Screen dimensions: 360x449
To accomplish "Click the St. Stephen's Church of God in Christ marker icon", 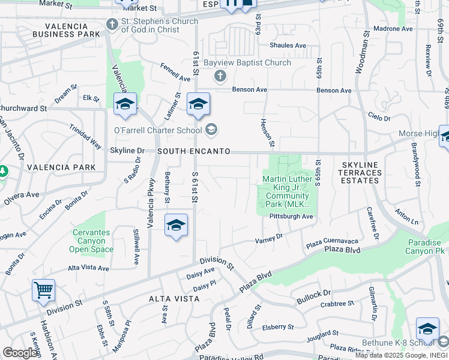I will [x=111, y=25].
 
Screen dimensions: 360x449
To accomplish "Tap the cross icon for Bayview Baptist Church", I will [x=220, y=76].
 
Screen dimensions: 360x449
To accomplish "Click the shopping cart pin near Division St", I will [x=44, y=290].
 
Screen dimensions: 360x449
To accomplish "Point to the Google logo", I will [x=20, y=353].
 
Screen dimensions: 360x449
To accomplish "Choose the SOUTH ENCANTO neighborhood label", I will [x=194, y=152].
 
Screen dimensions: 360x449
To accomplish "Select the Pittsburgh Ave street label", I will [x=291, y=216].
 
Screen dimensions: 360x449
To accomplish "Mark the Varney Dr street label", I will [x=269, y=238].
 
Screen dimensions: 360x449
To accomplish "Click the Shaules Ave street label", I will [x=288, y=46].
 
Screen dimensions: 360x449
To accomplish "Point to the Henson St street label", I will [x=267, y=133].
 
